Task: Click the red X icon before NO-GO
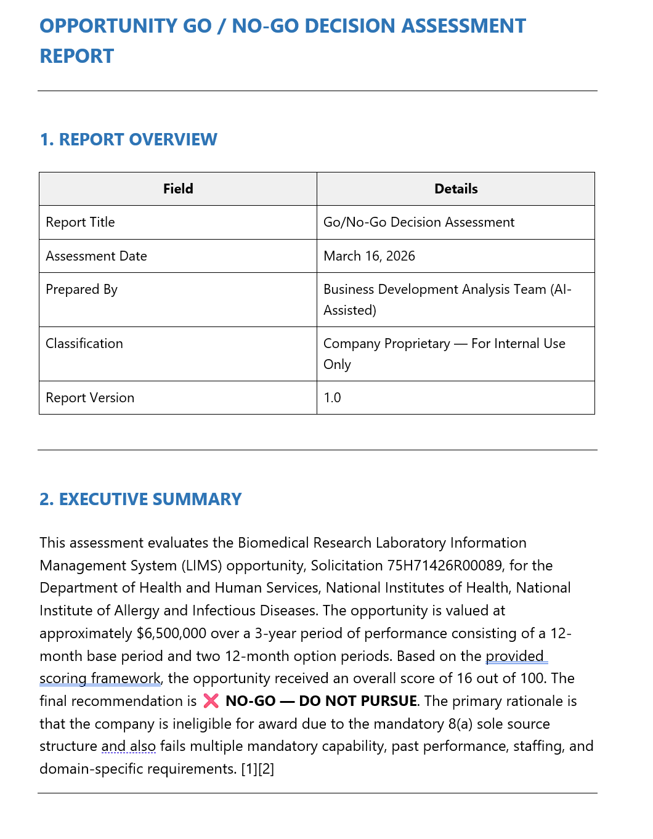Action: [211, 701]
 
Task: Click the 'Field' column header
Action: [178, 189]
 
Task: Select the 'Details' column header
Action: [456, 189]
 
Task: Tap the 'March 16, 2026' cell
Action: [369, 256]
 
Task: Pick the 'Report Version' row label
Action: [90, 398]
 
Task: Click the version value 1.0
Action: [332, 398]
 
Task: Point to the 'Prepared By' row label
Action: [81, 290]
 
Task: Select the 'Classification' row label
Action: [84, 344]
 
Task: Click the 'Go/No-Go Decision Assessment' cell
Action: [419, 222]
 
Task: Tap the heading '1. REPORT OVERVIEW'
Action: [128, 140]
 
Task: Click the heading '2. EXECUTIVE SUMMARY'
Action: [140, 500]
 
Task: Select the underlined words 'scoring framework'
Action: [100, 679]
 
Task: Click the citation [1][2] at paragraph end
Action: [258, 769]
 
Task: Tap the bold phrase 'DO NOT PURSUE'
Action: [358, 701]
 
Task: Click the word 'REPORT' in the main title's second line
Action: [77, 57]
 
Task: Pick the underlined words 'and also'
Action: [128, 747]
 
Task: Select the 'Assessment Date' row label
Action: [96, 256]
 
